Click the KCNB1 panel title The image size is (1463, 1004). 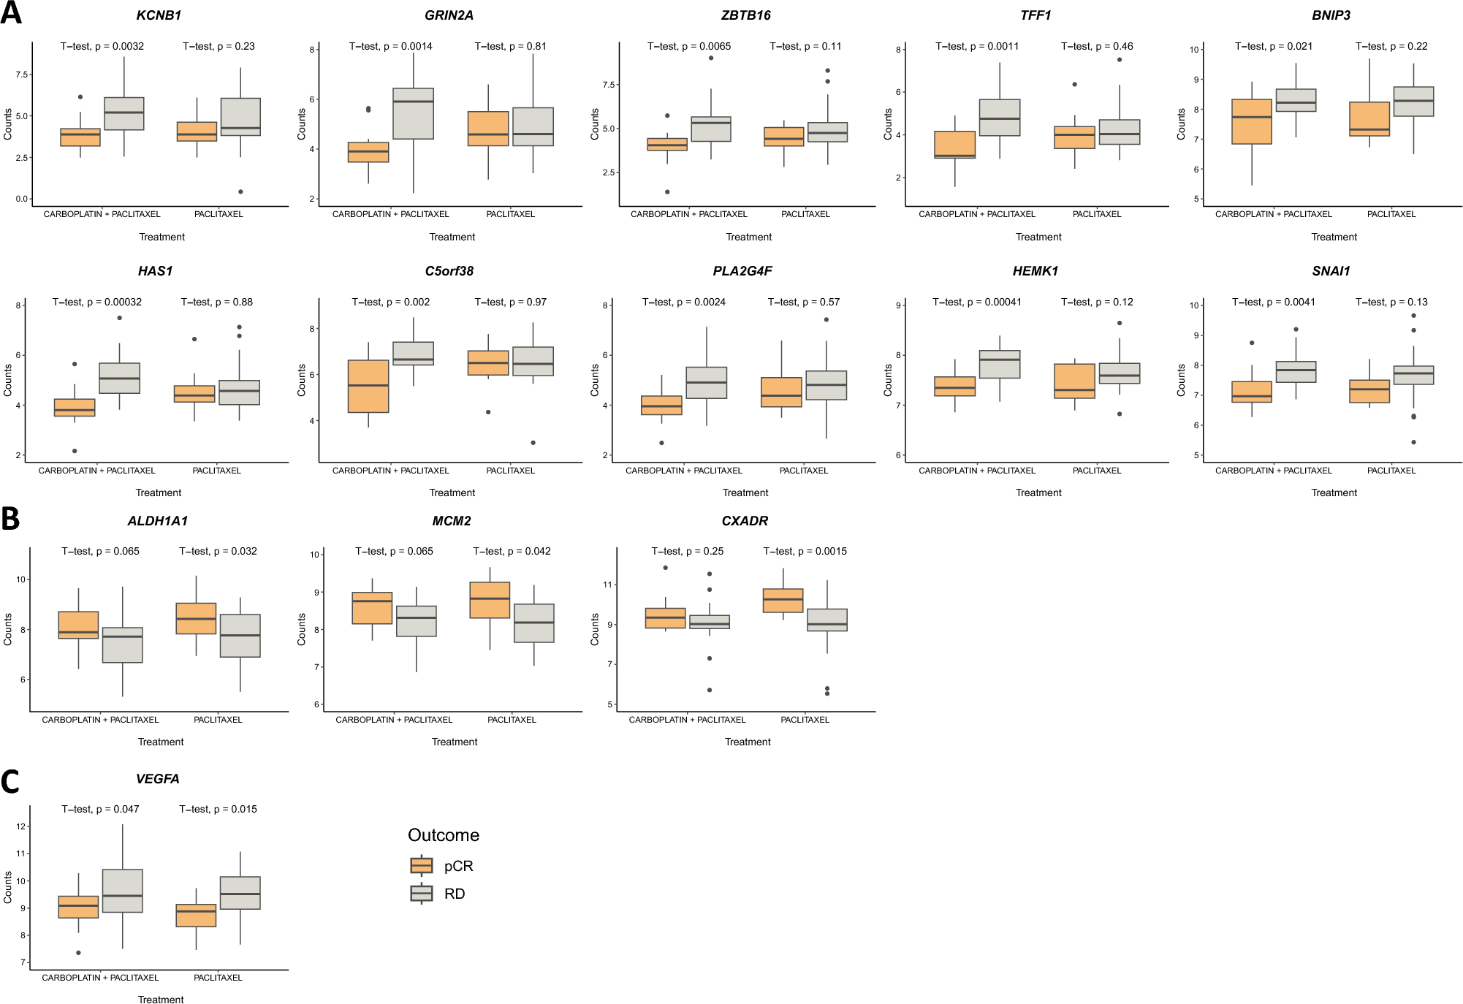159,15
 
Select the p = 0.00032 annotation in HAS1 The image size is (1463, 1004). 97,302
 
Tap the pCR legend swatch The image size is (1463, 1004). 422,866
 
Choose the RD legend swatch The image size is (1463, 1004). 422,894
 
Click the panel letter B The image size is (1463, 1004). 10,519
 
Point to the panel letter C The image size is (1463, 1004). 10,782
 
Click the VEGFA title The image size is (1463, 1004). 157,779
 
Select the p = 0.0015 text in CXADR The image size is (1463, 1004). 805,551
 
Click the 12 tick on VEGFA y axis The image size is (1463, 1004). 21,826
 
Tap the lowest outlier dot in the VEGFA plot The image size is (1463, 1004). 78,953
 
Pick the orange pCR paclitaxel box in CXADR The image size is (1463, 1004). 783,601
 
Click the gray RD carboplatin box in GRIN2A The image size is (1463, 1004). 413,113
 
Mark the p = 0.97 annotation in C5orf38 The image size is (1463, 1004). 510,302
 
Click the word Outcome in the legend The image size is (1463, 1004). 444,835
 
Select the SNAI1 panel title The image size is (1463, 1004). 1331,271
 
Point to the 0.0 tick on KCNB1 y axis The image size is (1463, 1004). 21,199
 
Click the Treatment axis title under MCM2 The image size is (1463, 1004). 454,742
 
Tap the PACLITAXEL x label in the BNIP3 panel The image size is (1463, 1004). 1391,214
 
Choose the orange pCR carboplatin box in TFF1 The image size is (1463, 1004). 954,145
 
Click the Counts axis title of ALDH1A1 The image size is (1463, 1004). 8,629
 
